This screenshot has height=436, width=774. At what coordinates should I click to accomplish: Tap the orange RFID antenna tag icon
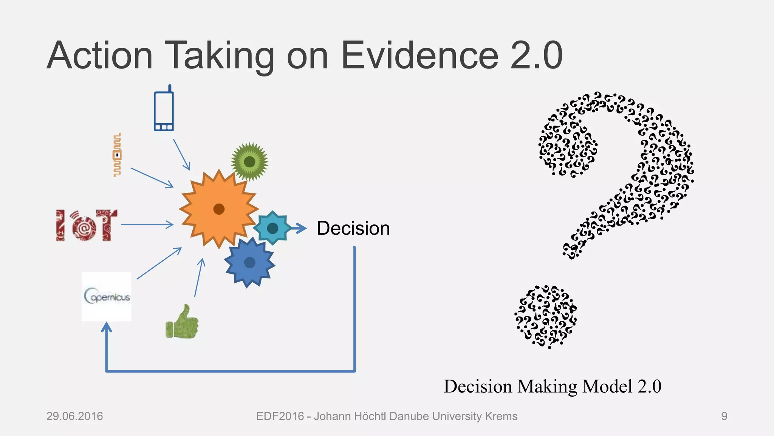coord(118,155)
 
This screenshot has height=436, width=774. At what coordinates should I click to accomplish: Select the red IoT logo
coord(87,225)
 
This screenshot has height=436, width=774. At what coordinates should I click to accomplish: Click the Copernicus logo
coord(107,296)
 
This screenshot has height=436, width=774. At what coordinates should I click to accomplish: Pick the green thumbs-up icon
coord(182,322)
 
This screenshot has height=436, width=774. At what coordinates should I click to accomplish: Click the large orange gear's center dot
coord(219,209)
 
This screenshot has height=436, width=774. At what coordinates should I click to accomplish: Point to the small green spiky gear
coord(249,162)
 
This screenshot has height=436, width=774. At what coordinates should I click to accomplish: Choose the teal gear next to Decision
coord(272,228)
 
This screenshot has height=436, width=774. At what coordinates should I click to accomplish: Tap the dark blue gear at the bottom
coord(249,262)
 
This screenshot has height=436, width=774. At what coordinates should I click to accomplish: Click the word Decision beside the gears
coord(353,228)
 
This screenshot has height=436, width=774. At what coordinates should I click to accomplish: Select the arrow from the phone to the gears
coord(182,155)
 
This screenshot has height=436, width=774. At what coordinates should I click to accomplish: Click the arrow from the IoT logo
coord(147,225)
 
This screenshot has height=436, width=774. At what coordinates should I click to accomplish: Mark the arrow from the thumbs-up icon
coord(199,278)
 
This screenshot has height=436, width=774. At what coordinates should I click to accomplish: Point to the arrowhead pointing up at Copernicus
coord(107,327)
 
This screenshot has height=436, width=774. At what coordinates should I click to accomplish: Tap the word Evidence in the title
coord(419,56)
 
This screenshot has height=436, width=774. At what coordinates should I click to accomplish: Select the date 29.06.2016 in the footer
coord(74,416)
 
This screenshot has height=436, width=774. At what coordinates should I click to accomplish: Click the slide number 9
coord(724,416)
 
